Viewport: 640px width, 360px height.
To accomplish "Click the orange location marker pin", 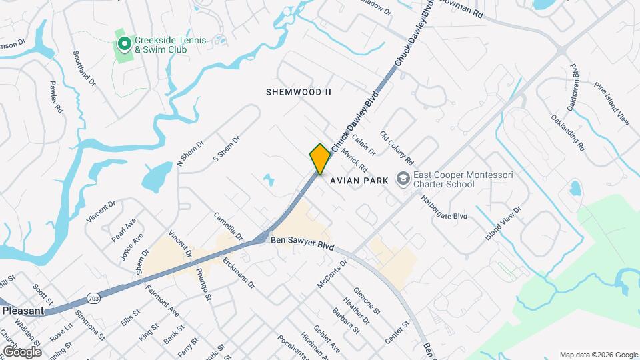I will [x=320, y=159].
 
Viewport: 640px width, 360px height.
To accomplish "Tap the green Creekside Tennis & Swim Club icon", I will [x=124, y=45].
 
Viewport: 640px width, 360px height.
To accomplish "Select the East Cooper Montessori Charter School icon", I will [x=403, y=179].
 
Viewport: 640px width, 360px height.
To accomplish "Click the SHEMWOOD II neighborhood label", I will [x=299, y=91].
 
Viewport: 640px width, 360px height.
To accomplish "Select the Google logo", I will [x=21, y=351].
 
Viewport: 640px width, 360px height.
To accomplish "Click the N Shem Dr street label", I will [x=189, y=155].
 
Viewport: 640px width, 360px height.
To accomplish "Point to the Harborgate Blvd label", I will [x=444, y=207].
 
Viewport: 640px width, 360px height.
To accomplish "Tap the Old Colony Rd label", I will [x=397, y=148].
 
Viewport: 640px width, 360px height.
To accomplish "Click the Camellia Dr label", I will [x=228, y=226].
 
